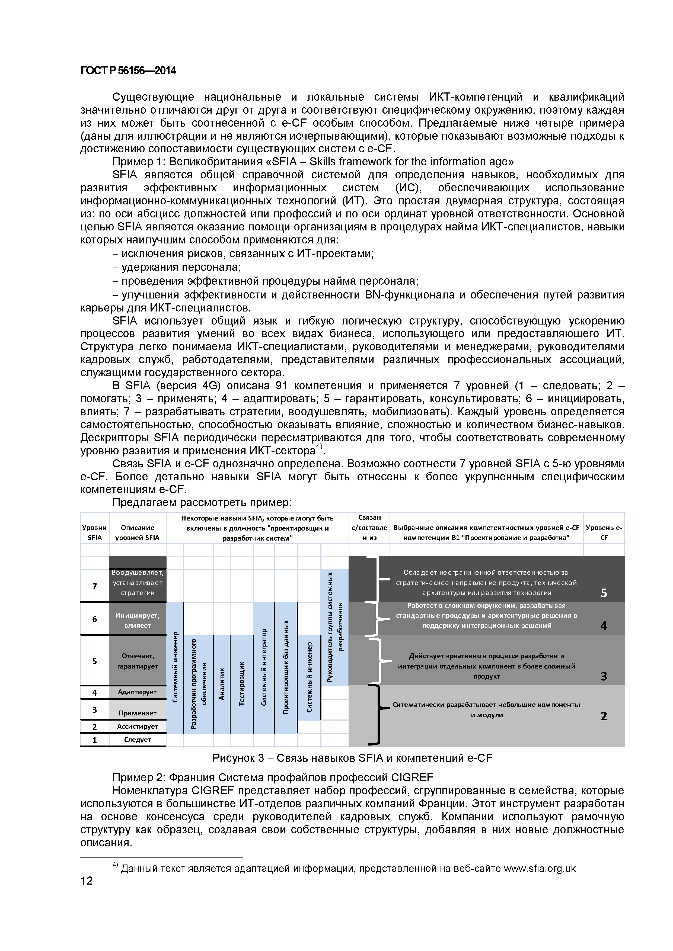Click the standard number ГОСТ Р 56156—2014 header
tap(128, 71)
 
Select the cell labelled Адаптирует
tap(137, 692)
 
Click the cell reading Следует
tap(137, 739)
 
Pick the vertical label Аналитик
tap(222, 683)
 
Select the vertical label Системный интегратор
tap(264, 667)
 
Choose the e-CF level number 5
tap(604, 593)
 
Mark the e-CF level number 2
tap(604, 716)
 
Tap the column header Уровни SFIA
tap(94, 533)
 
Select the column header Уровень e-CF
tap(604, 533)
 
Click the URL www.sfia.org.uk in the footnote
tap(540, 868)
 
